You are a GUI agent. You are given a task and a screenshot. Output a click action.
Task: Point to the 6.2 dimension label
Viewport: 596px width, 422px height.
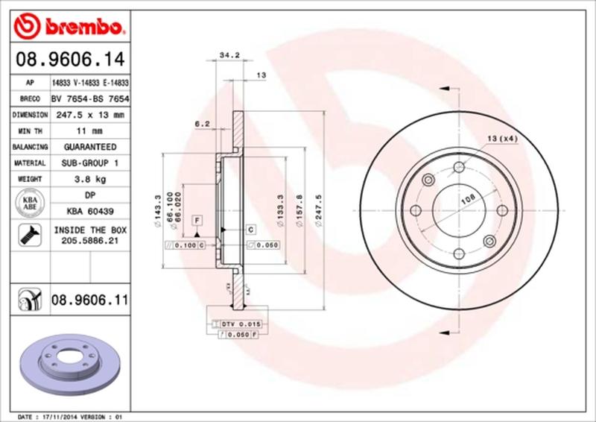pos(200,124)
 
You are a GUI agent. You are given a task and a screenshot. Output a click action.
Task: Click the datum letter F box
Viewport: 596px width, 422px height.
pos(198,221)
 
